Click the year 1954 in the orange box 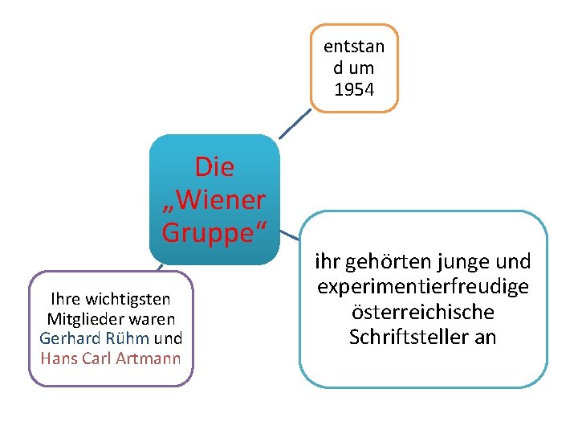point(354,89)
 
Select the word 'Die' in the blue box point(214,167)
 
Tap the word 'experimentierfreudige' point(422,287)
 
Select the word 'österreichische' point(422,312)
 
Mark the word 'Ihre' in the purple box point(66,300)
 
